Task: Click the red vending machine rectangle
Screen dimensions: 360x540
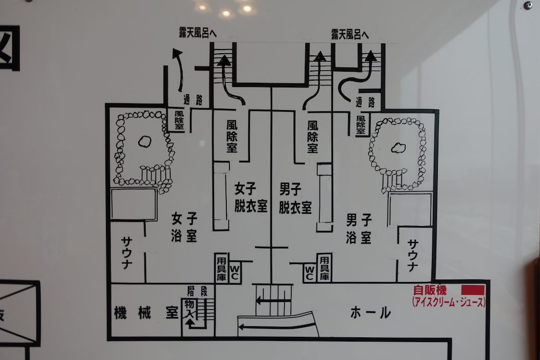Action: [472, 290]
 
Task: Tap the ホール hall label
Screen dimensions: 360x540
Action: [371, 313]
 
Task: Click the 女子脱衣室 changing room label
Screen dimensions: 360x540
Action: [251, 197]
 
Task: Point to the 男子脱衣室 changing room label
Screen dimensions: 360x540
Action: [295, 197]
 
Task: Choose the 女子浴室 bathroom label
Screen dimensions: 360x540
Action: [184, 227]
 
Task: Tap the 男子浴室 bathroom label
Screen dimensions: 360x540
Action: [359, 228]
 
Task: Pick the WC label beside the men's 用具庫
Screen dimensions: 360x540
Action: [310, 271]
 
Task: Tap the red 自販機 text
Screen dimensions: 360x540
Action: [430, 290]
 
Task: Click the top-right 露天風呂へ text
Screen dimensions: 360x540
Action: [350, 33]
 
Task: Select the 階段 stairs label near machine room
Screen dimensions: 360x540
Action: [194, 290]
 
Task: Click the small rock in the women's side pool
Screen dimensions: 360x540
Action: [144, 141]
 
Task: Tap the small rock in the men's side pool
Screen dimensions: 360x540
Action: [398, 148]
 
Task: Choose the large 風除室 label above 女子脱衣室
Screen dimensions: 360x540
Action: [231, 136]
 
